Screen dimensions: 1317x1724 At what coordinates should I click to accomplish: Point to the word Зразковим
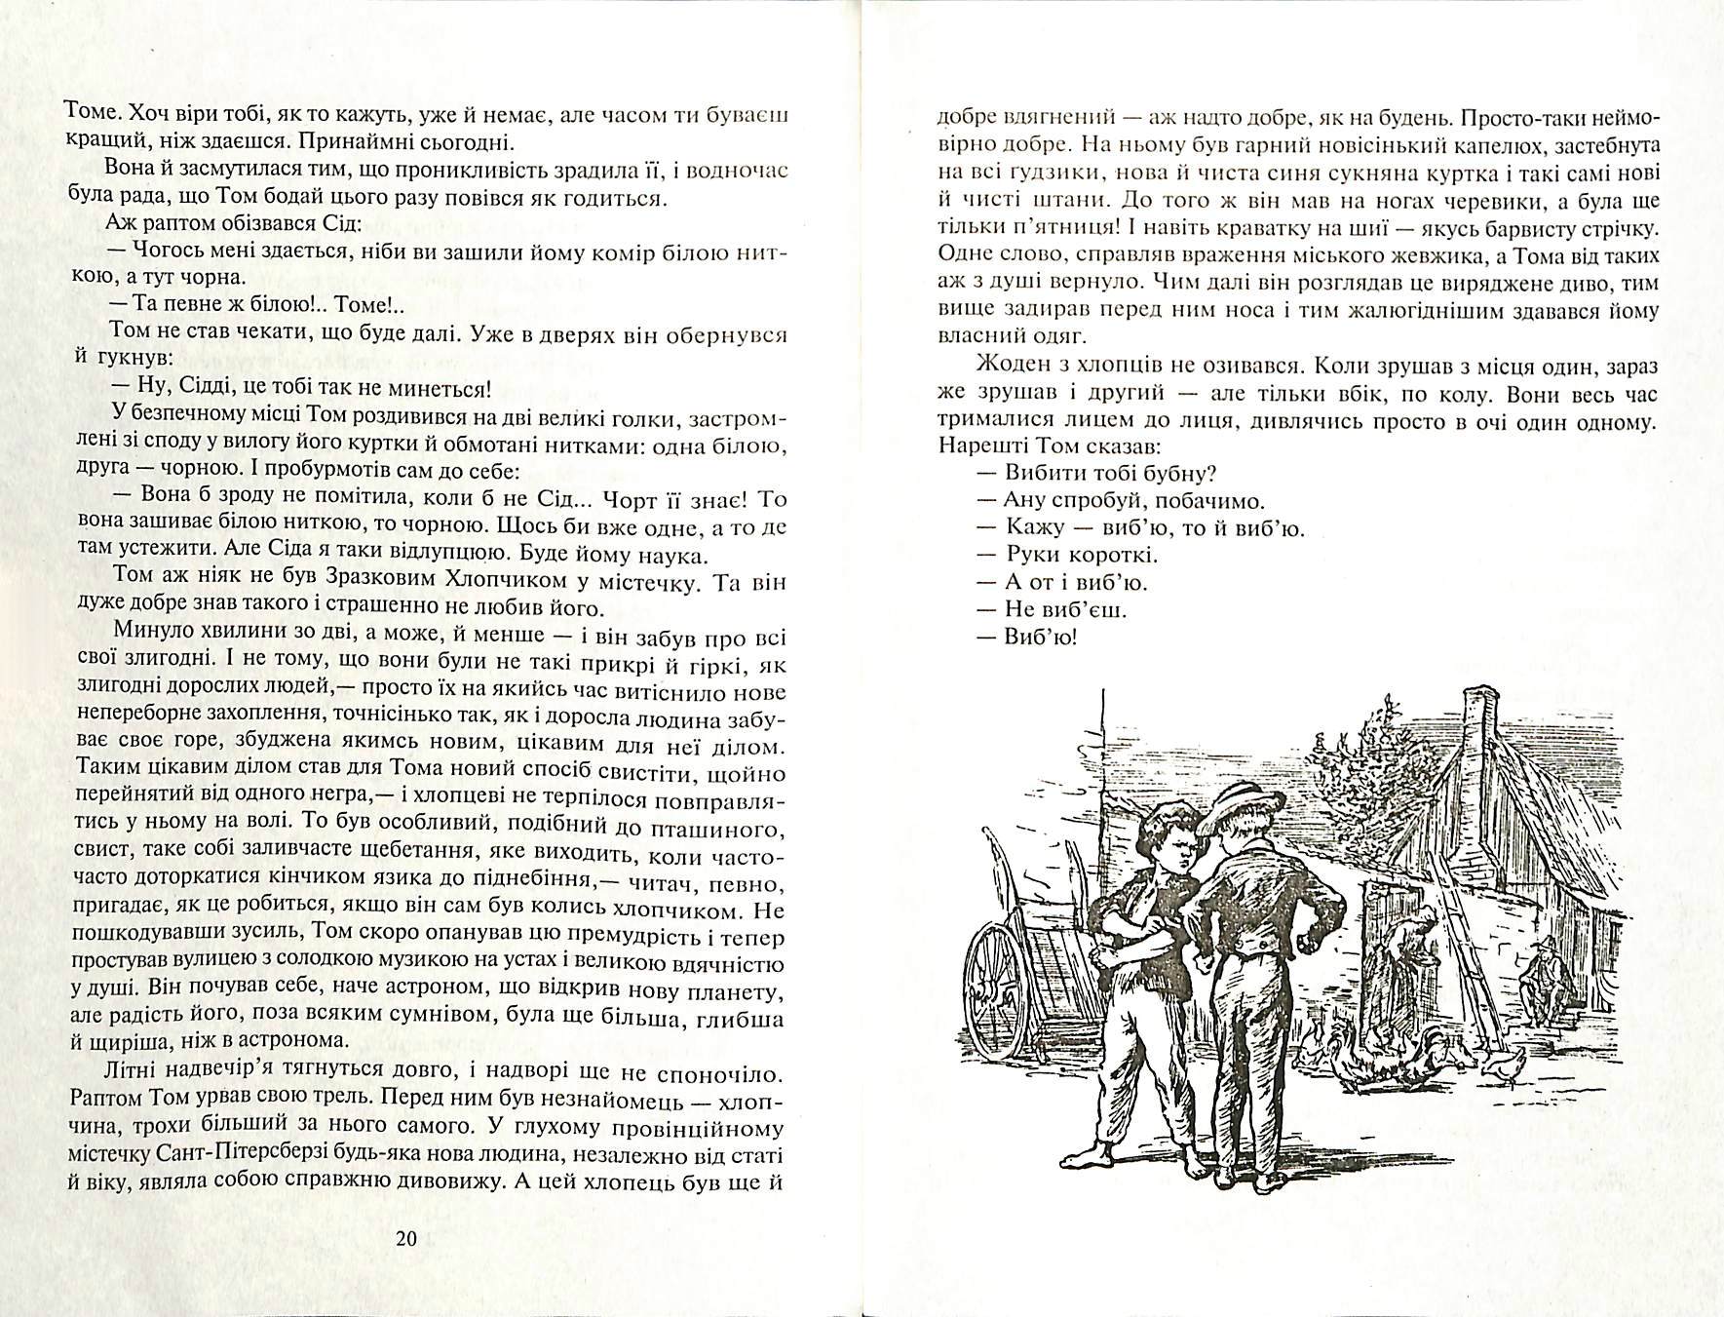click(x=310, y=583)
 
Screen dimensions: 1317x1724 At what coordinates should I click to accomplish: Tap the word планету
click(x=737, y=992)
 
